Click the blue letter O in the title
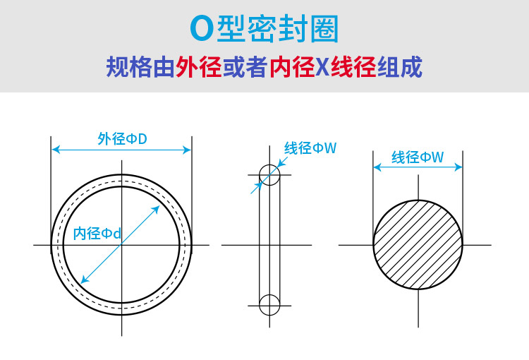[202, 29]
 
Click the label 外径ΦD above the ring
[121, 138]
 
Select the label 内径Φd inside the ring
[97, 234]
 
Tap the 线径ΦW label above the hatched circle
[418, 157]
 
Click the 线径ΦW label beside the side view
[310, 148]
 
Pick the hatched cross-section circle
[418, 244]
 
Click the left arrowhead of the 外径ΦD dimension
[56, 150]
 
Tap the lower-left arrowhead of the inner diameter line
[84, 280]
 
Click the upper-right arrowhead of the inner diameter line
[159, 208]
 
